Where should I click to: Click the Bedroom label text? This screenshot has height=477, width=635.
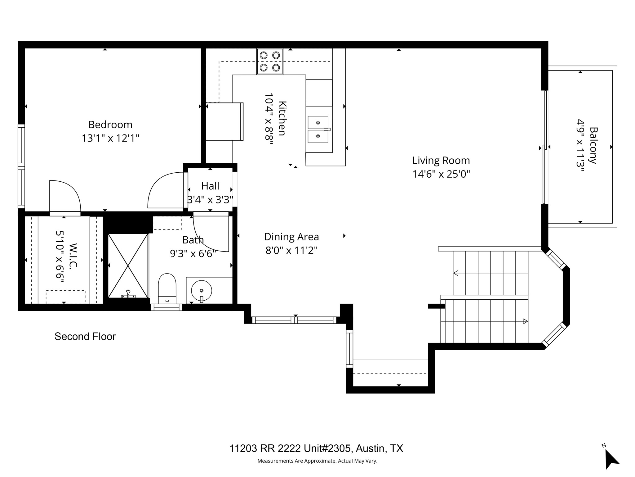point(110,125)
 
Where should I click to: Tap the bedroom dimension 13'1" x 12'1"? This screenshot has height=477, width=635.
point(110,138)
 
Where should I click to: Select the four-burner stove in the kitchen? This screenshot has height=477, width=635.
point(269,61)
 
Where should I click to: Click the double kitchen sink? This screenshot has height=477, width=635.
point(318,129)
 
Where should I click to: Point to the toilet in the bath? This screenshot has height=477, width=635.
point(167,288)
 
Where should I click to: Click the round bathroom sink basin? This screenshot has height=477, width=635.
point(202,291)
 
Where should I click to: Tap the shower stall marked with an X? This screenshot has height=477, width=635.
point(128,266)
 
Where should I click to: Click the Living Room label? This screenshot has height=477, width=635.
point(441,161)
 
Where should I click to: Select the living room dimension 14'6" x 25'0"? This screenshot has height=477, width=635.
point(441,174)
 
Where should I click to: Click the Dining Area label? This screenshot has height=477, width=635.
point(291,237)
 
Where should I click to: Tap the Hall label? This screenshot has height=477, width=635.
point(210,186)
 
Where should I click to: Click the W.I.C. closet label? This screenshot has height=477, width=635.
point(73,256)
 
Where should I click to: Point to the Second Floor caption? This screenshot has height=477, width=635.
point(85,337)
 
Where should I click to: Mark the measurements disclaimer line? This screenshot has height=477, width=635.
point(317,461)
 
